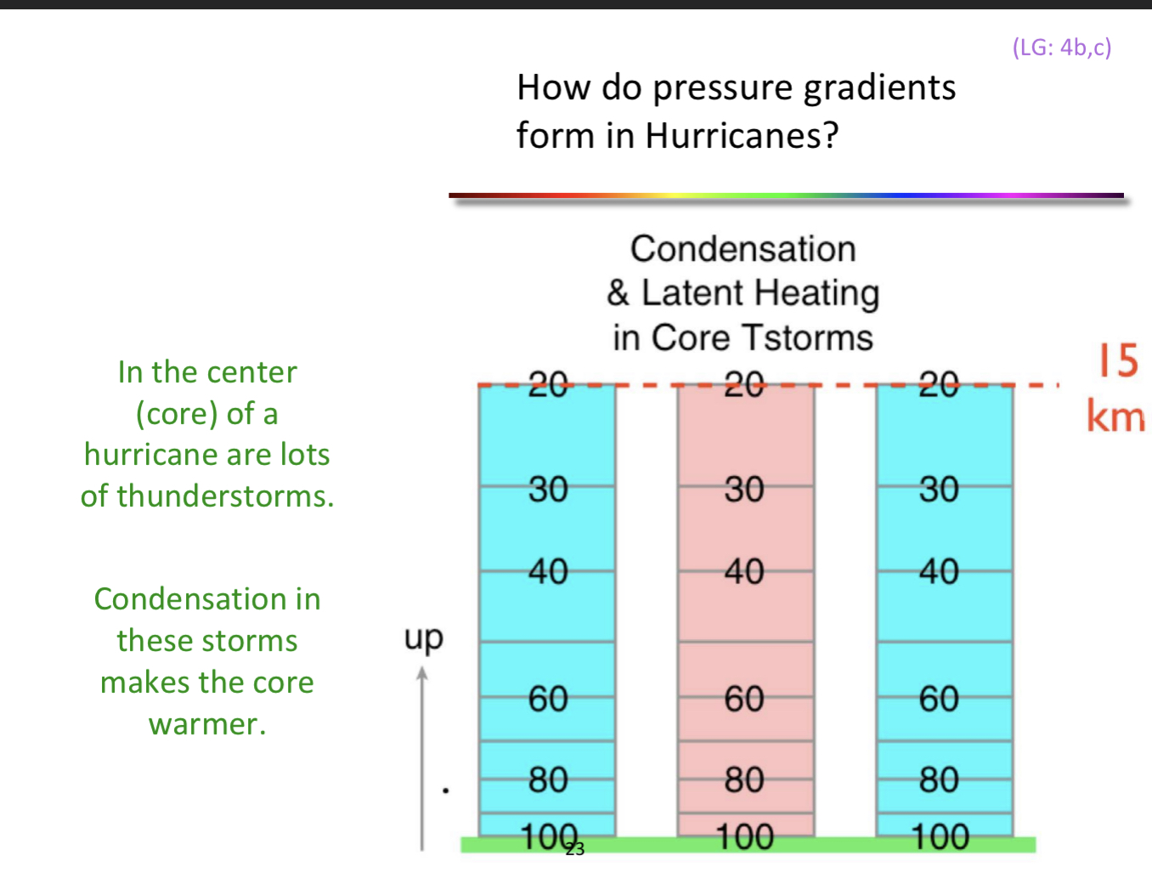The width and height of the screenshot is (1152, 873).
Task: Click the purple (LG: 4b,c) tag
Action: click(1061, 47)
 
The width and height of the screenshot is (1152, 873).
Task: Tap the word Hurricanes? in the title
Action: click(742, 136)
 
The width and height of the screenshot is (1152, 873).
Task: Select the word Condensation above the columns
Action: click(743, 249)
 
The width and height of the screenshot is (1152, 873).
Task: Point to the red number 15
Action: click(1117, 360)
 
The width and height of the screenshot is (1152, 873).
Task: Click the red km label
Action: click(1115, 417)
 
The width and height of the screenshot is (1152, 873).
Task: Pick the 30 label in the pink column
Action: click(744, 490)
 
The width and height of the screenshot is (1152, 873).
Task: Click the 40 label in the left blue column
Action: click(548, 571)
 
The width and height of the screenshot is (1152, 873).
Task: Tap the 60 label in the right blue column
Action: click(939, 699)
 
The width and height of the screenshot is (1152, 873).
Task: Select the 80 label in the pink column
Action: click(744, 779)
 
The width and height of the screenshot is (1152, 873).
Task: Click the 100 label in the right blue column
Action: click(940, 837)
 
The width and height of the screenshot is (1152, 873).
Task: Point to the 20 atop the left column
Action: click(548, 384)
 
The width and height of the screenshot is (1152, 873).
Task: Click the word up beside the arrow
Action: click(423, 638)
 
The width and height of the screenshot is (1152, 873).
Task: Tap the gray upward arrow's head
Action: click(422, 675)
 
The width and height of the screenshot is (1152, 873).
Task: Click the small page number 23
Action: click(575, 849)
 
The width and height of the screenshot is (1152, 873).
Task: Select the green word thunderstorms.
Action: click(225, 496)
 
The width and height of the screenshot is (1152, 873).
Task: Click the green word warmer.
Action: click(207, 724)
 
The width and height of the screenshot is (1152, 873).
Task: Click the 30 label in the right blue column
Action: click(939, 490)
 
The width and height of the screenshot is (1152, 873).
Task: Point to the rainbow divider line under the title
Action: click(786, 196)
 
